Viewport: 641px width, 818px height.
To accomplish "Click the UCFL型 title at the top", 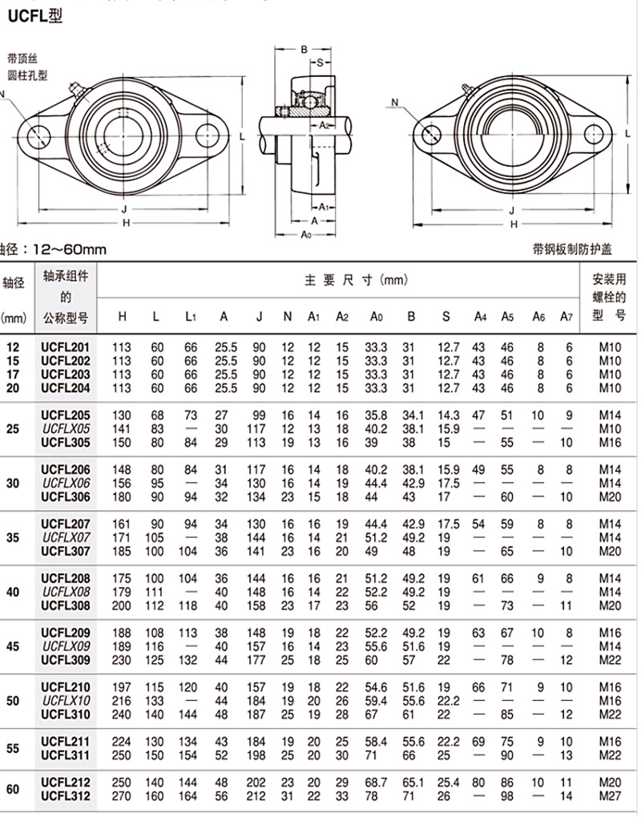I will click(34, 15).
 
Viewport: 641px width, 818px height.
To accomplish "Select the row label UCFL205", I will click(66, 415).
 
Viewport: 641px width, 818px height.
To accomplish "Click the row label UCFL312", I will click(66, 796).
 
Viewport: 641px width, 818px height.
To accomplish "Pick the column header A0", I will click(376, 317).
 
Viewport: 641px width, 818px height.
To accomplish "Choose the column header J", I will click(259, 317).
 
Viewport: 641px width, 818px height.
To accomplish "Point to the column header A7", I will click(567, 317).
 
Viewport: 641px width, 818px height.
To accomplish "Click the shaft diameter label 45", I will click(13, 646).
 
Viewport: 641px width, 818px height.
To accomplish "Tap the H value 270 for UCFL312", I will click(123, 796).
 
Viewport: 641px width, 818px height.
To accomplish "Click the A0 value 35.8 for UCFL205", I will click(376, 415).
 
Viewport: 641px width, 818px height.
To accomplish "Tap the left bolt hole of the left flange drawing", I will click(38, 136).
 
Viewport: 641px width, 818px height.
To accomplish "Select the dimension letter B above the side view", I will click(304, 50).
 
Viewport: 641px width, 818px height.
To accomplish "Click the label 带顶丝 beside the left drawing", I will click(22, 59).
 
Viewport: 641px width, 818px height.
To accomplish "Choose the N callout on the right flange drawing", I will click(395, 102).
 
